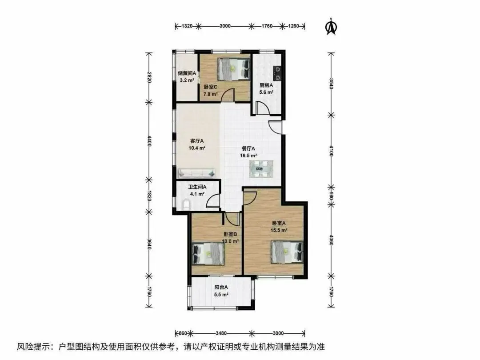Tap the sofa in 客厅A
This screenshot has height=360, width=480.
coord(196,173)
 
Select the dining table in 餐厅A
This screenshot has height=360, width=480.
coord(261,169)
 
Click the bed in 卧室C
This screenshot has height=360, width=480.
coord(234,69)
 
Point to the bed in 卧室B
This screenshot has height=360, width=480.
coord(208,254)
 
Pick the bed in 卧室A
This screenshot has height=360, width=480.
coord(287,252)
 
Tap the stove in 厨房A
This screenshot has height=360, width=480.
coord(277,73)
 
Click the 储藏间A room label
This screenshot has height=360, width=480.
coord(187,73)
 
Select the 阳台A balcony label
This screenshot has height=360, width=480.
coord(221,288)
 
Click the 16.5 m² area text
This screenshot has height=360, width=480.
coord(248,156)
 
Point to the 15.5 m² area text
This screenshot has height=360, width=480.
coord(279,230)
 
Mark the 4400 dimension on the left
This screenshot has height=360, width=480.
coord(149,141)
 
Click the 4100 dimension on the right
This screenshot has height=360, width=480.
coord(331,151)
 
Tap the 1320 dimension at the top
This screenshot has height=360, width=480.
coord(187,26)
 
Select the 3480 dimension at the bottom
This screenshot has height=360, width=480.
coord(221,333)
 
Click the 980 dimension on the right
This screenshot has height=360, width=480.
coord(331,196)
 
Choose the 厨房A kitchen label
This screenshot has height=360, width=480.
coord(266,85)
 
